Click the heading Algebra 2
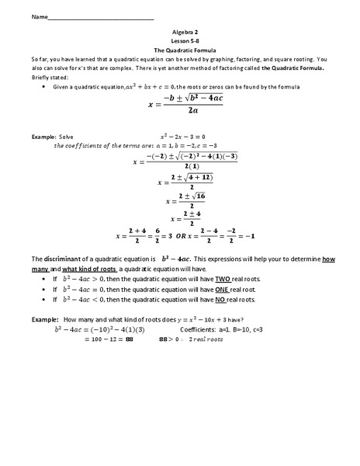[x=180, y=33]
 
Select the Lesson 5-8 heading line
[x=180, y=42]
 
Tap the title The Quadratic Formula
[x=180, y=50]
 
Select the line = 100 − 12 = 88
[x=106, y=339]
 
